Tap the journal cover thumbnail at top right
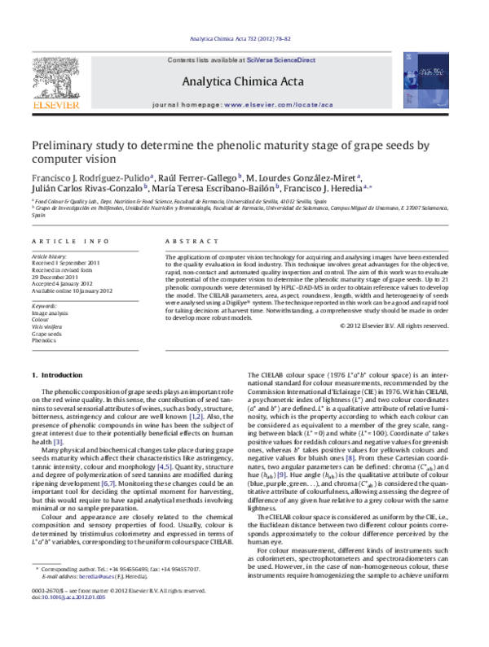coord(425,81)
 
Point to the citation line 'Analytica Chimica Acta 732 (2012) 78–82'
coord(244,38)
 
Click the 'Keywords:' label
coord(44,306)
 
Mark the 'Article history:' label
coord(50,255)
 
